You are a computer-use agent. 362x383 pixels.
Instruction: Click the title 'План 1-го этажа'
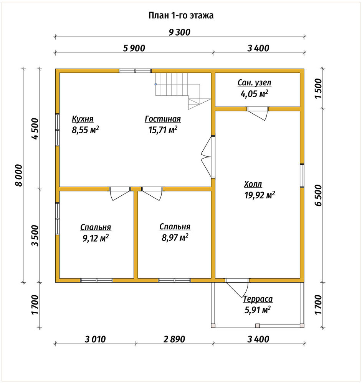click(181, 15)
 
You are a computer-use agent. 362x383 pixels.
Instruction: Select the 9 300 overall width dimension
click(179, 32)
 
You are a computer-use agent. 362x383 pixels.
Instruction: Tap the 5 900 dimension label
click(134, 48)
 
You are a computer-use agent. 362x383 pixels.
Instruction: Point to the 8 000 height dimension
click(18, 175)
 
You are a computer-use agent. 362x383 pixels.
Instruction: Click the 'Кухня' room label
click(83, 119)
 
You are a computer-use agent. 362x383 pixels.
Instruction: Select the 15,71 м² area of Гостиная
click(163, 130)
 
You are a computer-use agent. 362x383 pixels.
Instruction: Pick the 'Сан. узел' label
click(255, 83)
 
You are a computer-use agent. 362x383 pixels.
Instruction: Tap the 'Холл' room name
click(253, 184)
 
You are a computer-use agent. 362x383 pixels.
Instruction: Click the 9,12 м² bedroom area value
click(96, 238)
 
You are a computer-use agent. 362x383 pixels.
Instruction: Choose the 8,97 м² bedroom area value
click(175, 237)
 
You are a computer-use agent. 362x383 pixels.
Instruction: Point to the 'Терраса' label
click(258, 299)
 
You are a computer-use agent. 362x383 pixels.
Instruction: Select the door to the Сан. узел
click(258, 113)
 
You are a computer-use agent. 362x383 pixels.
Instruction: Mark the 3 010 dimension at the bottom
click(95, 339)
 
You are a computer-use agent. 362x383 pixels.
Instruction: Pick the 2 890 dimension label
click(174, 339)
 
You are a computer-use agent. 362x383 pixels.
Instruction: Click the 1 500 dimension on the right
click(318, 88)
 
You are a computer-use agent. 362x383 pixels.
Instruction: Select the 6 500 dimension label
click(318, 195)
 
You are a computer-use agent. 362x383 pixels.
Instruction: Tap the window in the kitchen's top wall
click(135, 71)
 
